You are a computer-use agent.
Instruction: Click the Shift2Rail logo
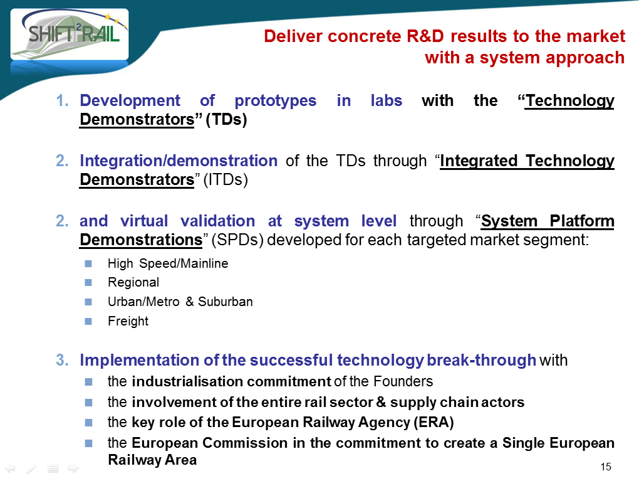(x=70, y=34)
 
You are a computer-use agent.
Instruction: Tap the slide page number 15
(x=606, y=467)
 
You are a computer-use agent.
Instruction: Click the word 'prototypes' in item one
(x=276, y=101)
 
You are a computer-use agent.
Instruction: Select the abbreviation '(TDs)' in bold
(x=226, y=120)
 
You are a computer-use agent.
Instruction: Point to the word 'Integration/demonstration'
(x=179, y=161)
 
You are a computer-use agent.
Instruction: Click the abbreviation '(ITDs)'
(x=226, y=180)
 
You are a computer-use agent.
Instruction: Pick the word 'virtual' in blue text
(x=144, y=221)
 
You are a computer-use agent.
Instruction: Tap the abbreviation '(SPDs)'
(x=237, y=240)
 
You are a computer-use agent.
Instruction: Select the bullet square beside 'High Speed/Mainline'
(x=88, y=263)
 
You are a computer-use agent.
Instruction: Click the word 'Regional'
(x=133, y=282)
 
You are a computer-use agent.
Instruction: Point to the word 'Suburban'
(x=226, y=302)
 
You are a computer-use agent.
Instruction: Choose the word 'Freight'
(x=128, y=321)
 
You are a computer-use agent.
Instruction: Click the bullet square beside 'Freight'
(x=88, y=322)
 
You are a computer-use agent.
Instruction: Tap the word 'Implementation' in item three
(x=140, y=360)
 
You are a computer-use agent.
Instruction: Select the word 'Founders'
(x=403, y=381)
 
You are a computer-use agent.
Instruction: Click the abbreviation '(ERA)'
(x=434, y=422)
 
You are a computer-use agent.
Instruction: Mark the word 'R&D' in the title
(x=425, y=36)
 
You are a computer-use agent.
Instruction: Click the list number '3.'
(x=62, y=360)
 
